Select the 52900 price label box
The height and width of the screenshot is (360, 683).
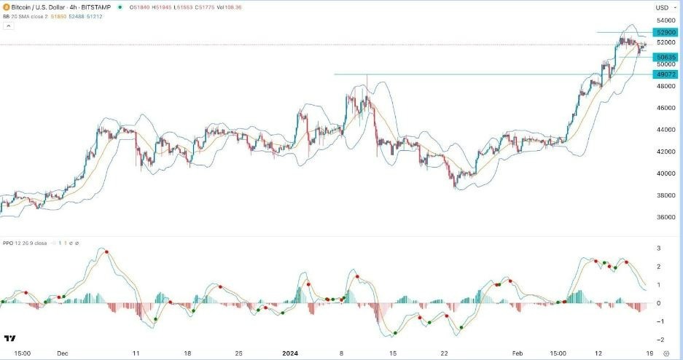[666, 33]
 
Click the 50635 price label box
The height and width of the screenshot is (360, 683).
[666, 57]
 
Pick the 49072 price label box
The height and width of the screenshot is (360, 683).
[666, 74]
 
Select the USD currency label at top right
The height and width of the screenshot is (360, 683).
[662, 7]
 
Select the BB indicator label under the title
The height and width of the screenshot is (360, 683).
[8, 16]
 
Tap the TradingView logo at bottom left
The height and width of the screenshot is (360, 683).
[10, 339]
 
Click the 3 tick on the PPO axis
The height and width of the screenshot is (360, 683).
[658, 249]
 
